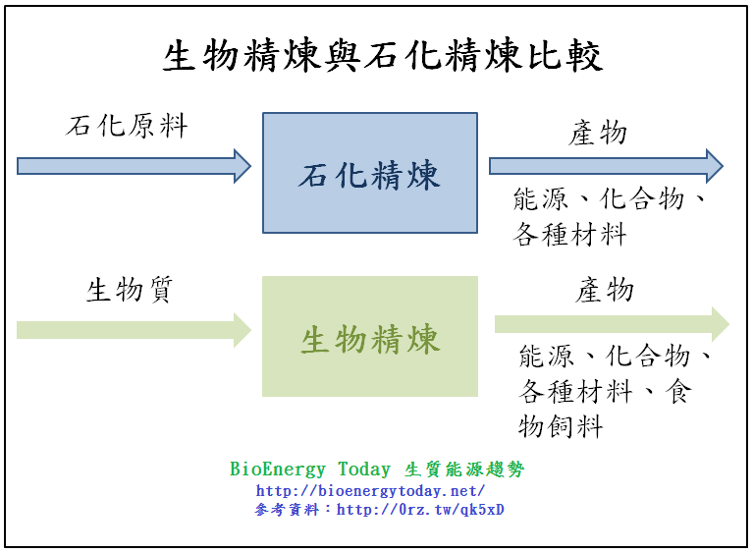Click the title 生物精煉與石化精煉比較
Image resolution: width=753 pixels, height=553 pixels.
(x=382, y=57)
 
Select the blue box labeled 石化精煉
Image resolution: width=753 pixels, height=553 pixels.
(x=370, y=173)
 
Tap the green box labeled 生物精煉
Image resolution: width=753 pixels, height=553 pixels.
(x=370, y=337)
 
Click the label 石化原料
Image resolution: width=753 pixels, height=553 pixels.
(x=127, y=127)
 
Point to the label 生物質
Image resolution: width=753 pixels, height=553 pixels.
(x=131, y=291)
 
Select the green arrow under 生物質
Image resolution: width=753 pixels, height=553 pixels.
(x=134, y=329)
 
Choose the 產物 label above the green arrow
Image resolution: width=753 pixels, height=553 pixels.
(x=605, y=291)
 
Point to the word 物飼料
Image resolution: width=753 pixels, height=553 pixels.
(x=561, y=426)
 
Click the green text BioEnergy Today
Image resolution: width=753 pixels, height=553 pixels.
(x=310, y=470)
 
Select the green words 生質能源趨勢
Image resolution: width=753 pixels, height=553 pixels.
(x=464, y=470)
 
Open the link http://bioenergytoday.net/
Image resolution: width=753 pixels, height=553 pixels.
(x=370, y=490)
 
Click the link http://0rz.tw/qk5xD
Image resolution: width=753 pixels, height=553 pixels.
(x=420, y=510)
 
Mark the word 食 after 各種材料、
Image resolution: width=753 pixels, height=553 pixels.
(x=677, y=392)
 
